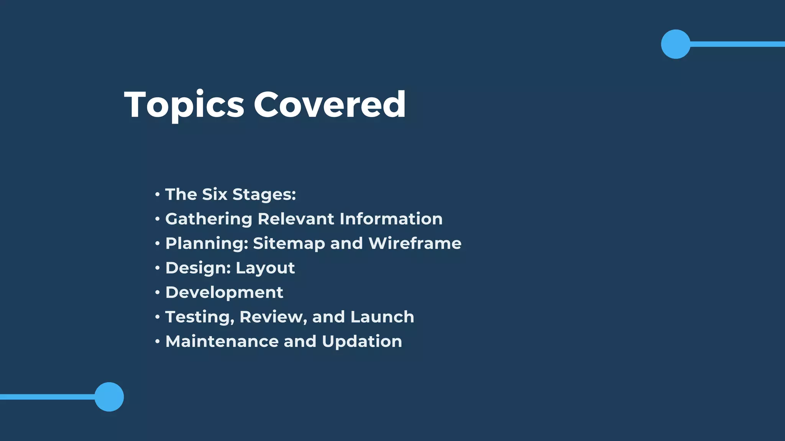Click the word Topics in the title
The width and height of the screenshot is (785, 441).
(184, 105)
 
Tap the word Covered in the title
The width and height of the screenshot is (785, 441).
(330, 104)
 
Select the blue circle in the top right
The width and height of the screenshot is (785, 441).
(675, 44)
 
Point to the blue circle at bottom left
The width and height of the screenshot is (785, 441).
(109, 397)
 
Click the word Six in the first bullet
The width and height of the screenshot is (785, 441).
(215, 194)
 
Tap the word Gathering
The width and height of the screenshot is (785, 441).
(209, 219)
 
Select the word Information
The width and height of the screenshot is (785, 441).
(391, 219)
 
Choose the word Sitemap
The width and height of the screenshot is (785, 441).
(289, 244)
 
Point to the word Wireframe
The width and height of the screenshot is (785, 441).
(415, 243)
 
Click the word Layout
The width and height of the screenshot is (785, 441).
(265, 268)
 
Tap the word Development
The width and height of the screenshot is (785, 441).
(224, 293)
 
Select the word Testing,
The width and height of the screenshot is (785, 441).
(199, 317)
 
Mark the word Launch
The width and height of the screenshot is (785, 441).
(382, 317)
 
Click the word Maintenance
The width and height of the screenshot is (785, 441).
(222, 341)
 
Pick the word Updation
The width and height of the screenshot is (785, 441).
(362, 342)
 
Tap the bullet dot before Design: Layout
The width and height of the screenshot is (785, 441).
(157, 268)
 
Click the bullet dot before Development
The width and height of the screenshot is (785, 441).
(157, 292)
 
